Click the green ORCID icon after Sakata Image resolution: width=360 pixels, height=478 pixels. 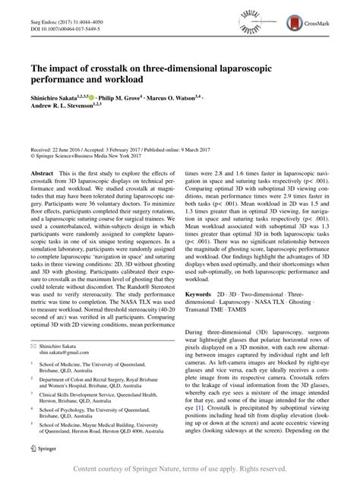(93, 98)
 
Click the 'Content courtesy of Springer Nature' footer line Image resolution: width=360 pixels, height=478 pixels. (179, 468)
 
